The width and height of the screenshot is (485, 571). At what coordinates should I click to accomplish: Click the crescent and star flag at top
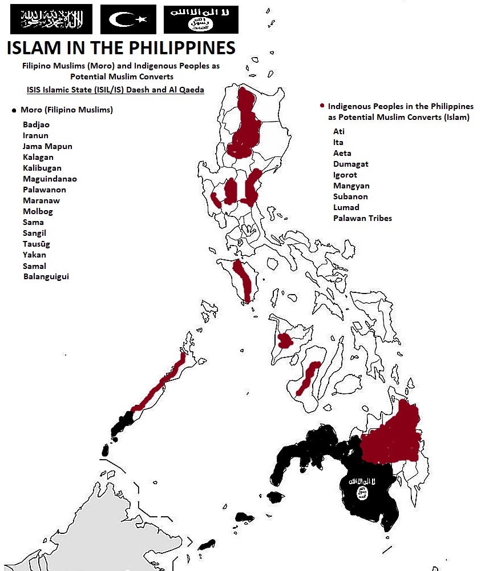click(x=128, y=19)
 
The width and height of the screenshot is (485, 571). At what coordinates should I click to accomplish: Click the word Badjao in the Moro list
click(x=36, y=124)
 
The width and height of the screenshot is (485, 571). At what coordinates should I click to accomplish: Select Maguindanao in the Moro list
click(x=50, y=179)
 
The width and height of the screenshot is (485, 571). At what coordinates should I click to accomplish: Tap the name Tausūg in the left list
click(x=35, y=244)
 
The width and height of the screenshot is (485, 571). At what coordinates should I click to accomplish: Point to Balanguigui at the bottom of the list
click(x=46, y=276)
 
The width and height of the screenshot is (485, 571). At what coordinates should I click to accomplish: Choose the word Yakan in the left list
click(x=34, y=255)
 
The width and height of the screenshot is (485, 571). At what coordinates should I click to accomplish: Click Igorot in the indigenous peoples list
click(x=345, y=175)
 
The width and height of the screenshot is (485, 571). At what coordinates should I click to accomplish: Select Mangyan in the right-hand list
click(x=351, y=186)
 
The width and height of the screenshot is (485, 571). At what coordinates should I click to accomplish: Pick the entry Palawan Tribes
click(x=362, y=218)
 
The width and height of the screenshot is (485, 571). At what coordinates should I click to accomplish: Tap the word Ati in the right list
click(x=339, y=131)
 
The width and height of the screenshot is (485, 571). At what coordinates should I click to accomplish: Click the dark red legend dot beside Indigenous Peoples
click(x=322, y=106)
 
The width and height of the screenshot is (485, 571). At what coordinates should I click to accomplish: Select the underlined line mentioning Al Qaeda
click(x=115, y=90)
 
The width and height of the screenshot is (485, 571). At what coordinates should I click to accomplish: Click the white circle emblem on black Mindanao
click(x=362, y=493)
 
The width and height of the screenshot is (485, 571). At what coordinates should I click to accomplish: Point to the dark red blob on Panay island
click(x=284, y=341)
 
